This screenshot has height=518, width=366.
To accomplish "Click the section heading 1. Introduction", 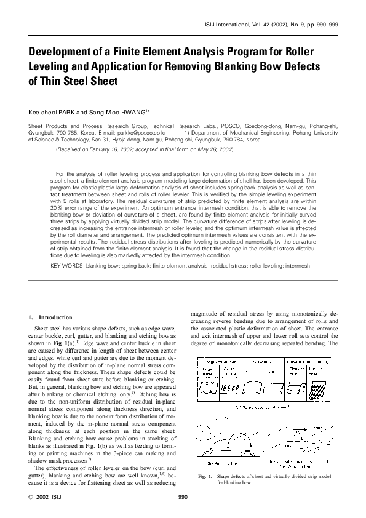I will (x=42, y=317).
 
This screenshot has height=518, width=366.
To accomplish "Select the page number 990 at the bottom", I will (x=183, y=496).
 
